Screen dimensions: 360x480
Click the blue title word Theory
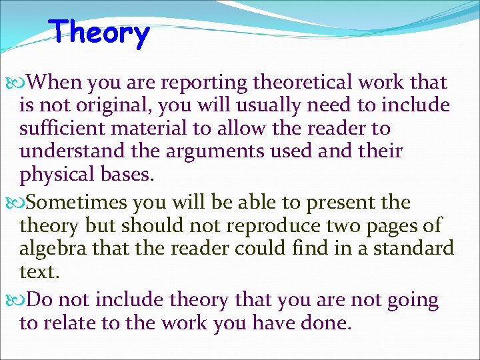click(x=100, y=33)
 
